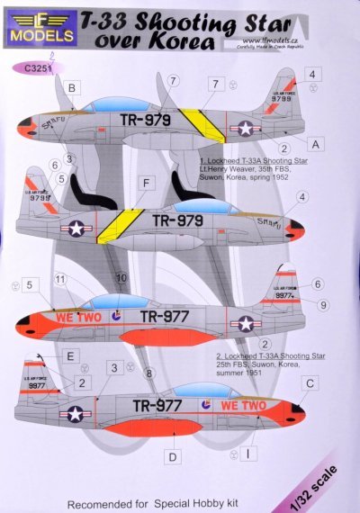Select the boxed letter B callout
click(71, 87)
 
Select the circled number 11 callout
click(60, 282)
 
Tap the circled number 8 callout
click(149, 372)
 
